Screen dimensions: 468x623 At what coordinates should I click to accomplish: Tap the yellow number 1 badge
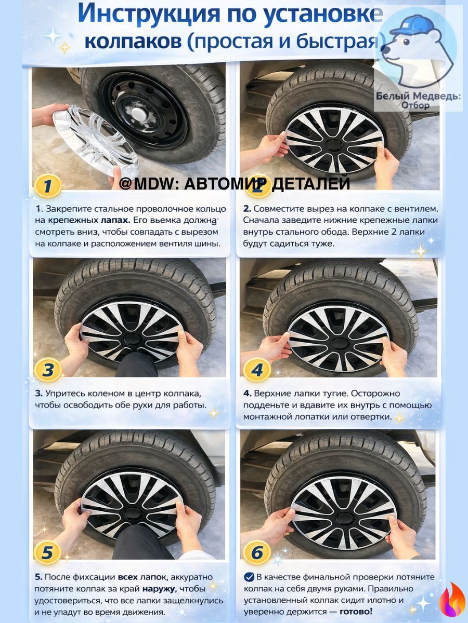48,186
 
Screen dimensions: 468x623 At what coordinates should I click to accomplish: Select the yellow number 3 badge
48,370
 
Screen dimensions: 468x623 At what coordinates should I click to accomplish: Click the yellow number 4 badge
257,370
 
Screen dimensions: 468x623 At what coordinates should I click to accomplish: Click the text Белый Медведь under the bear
418,96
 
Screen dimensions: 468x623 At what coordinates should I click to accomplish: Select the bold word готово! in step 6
356,611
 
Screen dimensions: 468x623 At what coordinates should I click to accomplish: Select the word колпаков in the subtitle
133,42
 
